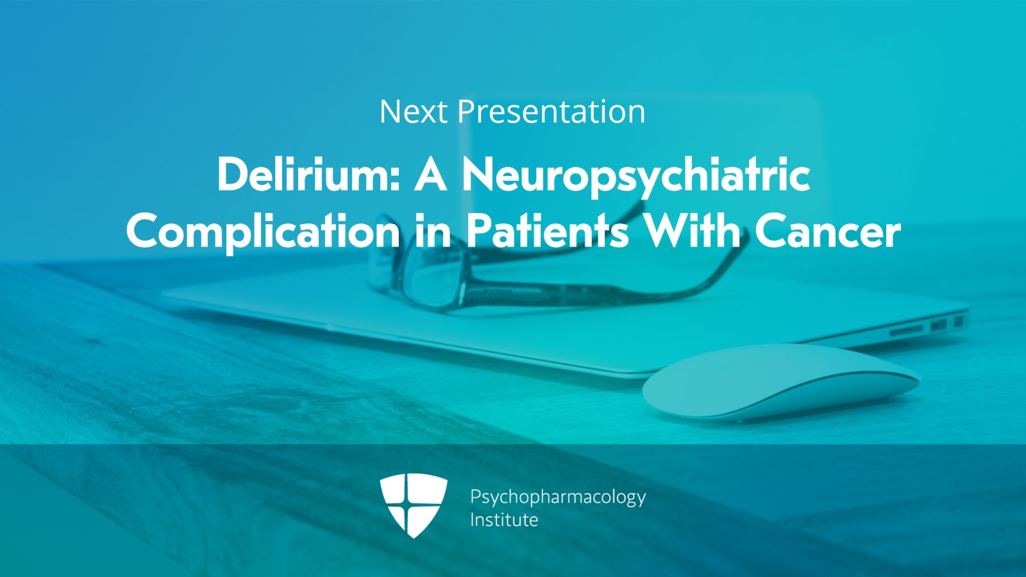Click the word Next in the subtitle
tap(413, 112)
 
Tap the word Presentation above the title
tap(551, 112)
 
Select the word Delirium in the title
tap(304, 174)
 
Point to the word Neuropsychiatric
tap(636, 177)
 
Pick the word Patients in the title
tap(548, 232)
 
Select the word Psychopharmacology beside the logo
tap(558, 497)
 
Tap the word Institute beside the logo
tap(504, 520)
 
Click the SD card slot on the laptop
tap(907, 329)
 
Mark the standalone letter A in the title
tap(430, 174)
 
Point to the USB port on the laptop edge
tap(938, 325)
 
